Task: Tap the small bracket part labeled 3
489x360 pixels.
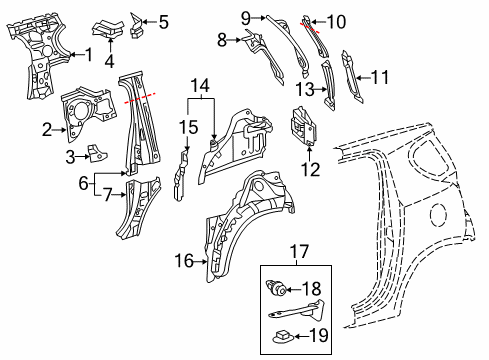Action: (96, 153)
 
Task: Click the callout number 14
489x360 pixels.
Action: (203, 86)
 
